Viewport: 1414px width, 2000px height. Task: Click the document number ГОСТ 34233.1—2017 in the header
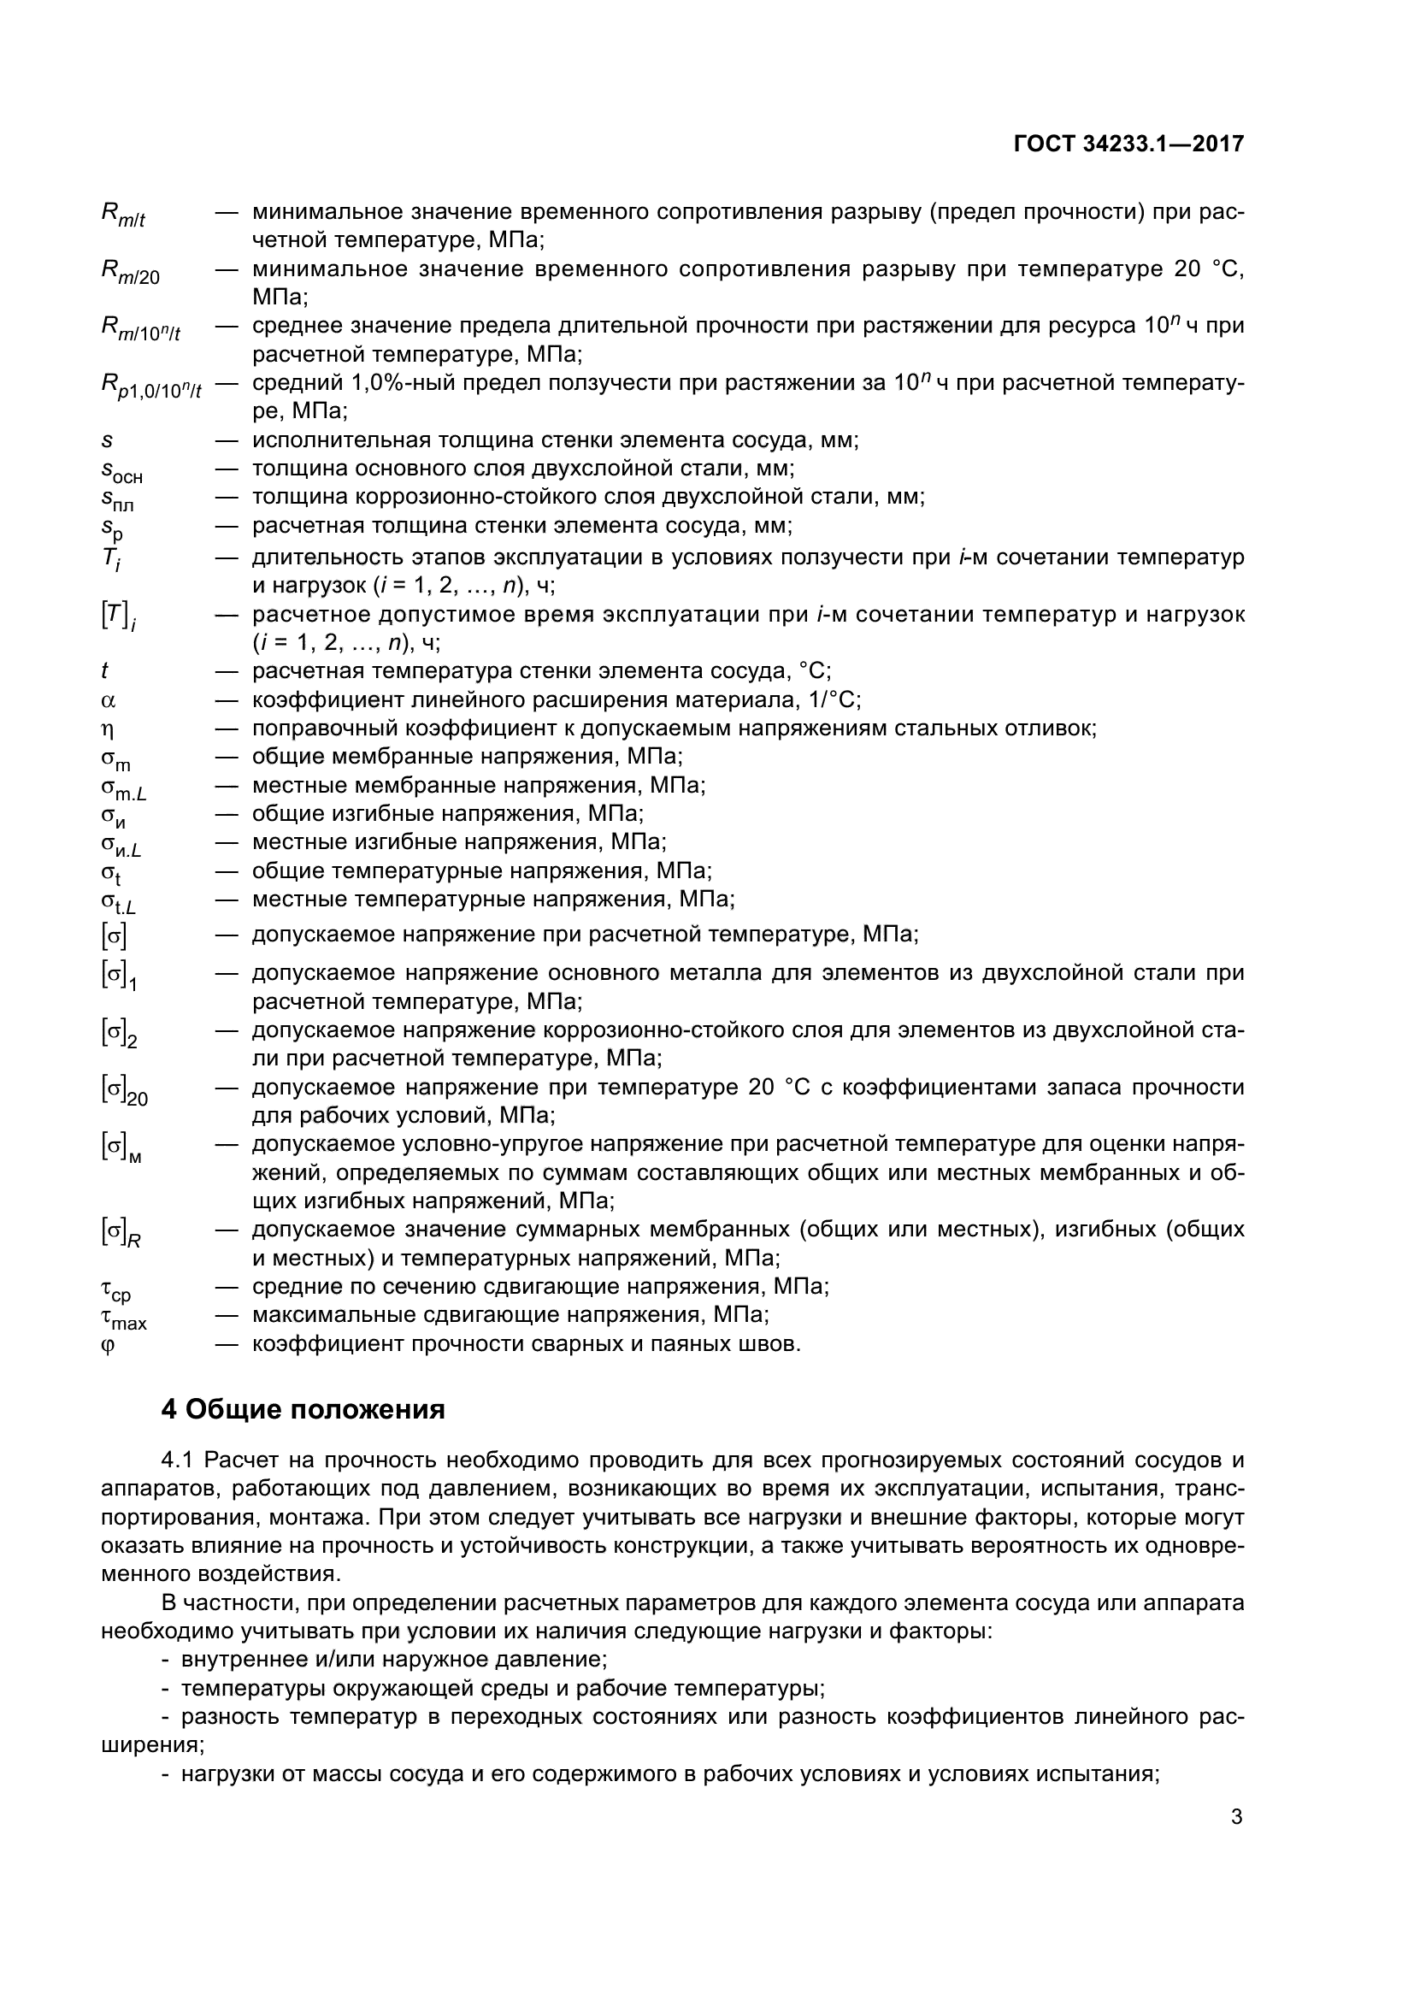1128,144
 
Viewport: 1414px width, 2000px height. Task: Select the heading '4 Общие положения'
303,1409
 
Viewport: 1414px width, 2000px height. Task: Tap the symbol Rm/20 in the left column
131,273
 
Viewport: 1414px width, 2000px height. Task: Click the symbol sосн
122,472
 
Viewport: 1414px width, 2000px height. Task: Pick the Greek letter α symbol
109,700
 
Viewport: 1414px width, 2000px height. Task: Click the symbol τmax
124,1320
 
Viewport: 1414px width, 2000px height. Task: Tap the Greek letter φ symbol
108,1346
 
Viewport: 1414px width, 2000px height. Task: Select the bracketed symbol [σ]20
125,1091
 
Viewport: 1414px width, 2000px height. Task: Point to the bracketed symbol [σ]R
121,1233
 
